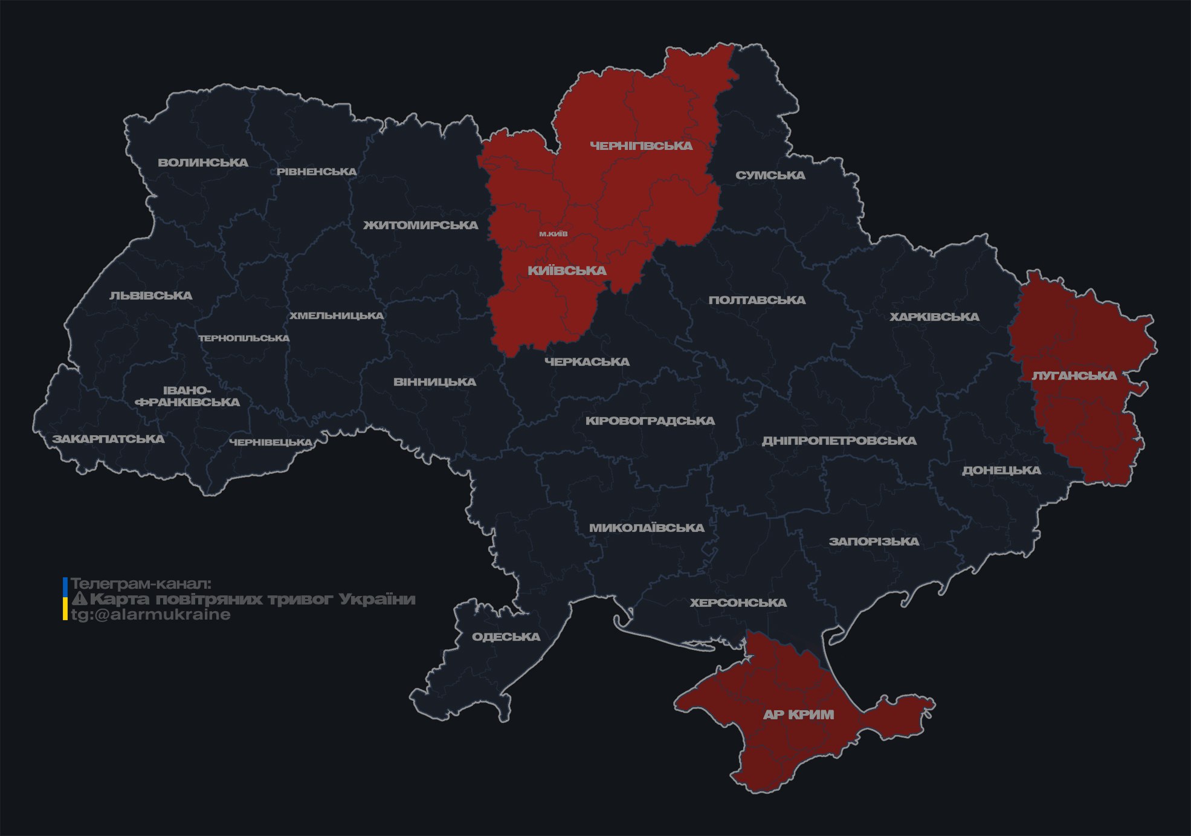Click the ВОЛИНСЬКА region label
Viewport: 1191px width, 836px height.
(x=203, y=163)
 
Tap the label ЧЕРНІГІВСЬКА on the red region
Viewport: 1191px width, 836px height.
(x=641, y=146)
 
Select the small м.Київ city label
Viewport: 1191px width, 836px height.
(x=554, y=234)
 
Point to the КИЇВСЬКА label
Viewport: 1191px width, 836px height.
(x=567, y=271)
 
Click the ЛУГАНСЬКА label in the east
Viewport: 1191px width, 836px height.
(x=1074, y=375)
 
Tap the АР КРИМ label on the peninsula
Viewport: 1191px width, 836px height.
(x=798, y=714)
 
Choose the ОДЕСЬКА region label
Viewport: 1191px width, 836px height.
(x=506, y=637)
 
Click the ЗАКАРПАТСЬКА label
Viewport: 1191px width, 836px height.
(x=108, y=439)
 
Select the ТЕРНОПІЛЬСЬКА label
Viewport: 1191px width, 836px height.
(x=244, y=338)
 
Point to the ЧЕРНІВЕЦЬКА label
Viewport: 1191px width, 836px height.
(x=271, y=442)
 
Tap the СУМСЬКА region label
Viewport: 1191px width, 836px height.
(x=770, y=175)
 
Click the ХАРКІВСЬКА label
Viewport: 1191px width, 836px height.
(x=934, y=317)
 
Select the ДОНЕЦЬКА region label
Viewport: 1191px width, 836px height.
(x=1001, y=470)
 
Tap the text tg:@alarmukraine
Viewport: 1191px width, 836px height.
(x=151, y=615)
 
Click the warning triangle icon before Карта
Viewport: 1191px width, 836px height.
(x=79, y=600)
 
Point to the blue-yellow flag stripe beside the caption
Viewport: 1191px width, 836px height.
(x=65, y=599)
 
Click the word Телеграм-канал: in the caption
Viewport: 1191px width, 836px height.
(x=141, y=584)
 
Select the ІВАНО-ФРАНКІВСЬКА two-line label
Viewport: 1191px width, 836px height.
(x=189, y=396)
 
